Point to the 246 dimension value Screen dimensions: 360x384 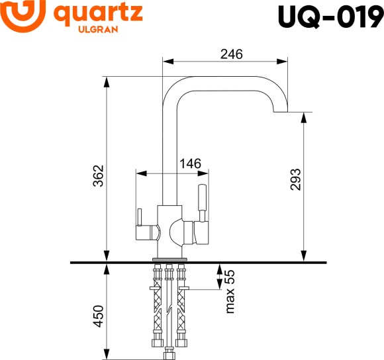(x=230, y=54)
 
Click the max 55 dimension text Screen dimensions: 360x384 (x=230, y=291)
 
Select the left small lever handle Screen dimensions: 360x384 (x=140, y=218)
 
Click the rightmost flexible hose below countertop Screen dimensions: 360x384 (x=180, y=304)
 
